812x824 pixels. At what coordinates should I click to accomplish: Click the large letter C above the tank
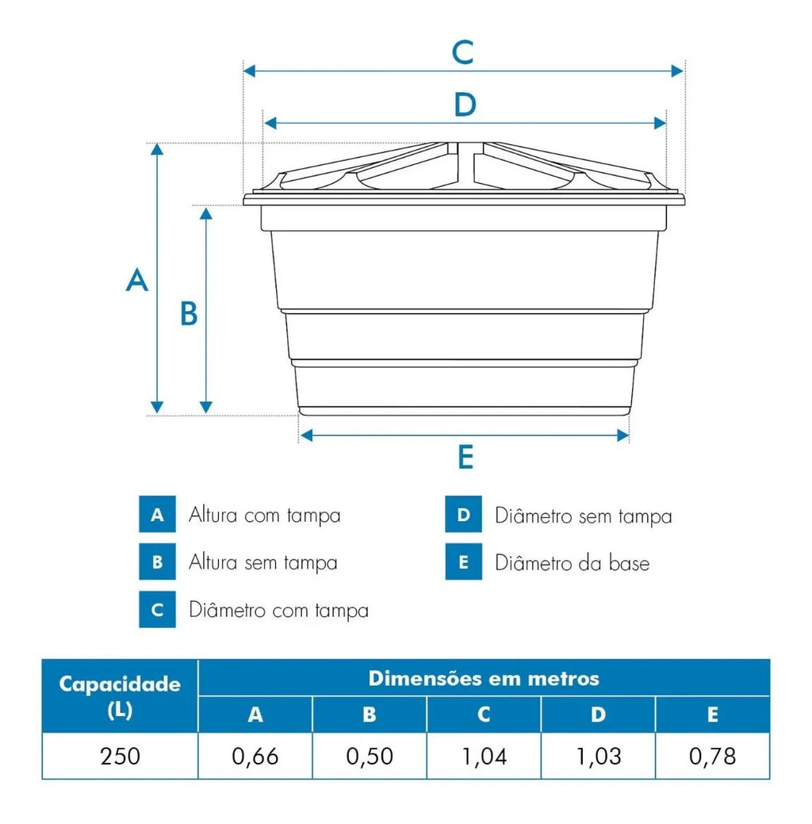coord(463,52)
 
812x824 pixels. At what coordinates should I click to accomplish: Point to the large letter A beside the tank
coord(136,280)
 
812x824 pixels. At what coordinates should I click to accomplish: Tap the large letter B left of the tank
coord(189,313)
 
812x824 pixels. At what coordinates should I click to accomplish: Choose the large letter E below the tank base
coord(465,457)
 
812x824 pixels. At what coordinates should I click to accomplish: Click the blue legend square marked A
coord(157,514)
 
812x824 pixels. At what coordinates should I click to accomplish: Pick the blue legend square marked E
coord(464,561)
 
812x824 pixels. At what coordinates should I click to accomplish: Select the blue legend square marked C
coord(157,610)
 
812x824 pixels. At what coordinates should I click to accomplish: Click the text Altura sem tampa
coord(262,563)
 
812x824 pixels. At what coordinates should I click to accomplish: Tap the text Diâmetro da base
coord(573,563)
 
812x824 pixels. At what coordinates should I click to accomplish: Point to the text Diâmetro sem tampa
coord(584,516)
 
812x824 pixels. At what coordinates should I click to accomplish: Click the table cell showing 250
coord(121,757)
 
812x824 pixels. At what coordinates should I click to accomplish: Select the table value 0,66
coord(255,757)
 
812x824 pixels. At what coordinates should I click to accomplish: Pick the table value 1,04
coord(484,757)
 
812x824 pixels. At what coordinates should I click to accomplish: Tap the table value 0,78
coord(712,757)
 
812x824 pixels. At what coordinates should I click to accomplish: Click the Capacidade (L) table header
coord(120,696)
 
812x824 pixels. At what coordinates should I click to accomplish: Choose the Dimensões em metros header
coord(484,678)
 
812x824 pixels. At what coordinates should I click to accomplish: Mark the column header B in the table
coord(370,715)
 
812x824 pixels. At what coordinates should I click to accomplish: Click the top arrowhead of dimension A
coord(157,149)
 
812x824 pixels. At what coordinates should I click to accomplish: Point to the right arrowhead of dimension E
coord(623,435)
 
